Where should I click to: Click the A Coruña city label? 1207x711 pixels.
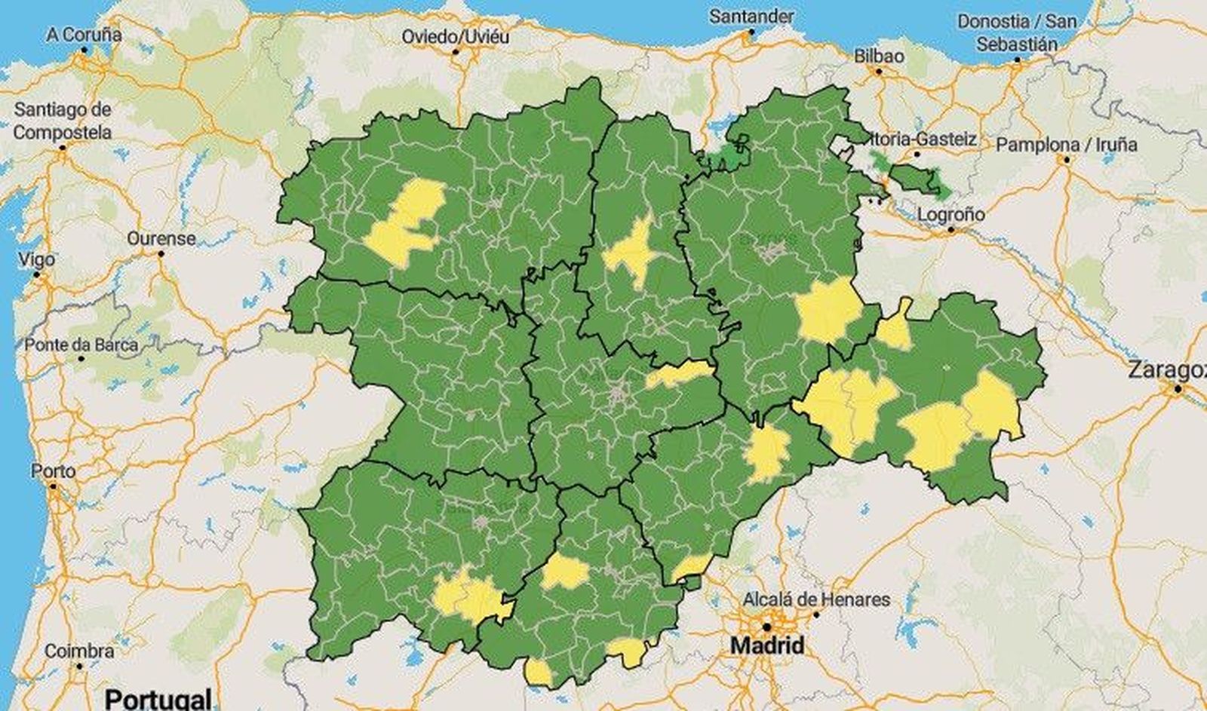[x=84, y=35]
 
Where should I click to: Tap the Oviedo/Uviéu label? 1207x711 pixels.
[x=455, y=37]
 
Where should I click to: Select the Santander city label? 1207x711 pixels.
[x=751, y=17]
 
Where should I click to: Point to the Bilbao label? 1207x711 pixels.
[x=879, y=57]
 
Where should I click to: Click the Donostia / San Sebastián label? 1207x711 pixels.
[x=1016, y=33]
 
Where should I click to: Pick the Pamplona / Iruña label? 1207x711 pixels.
[x=1066, y=144]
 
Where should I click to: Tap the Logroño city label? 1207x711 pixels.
[x=951, y=215]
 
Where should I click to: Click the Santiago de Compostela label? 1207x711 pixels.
[x=63, y=121]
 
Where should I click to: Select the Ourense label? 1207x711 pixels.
[x=161, y=238]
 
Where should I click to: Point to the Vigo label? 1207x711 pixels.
[x=36, y=259]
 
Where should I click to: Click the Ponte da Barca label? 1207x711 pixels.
[x=81, y=345]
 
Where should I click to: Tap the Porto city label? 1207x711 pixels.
[x=53, y=471]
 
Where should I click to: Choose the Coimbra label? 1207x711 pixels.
[x=79, y=651]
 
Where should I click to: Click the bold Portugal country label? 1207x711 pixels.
[x=158, y=698]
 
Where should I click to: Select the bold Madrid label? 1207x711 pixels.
[x=767, y=645]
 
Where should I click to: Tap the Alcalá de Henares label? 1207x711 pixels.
[x=816, y=600]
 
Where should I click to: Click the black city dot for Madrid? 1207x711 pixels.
[x=766, y=627]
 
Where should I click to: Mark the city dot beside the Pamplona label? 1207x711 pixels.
[x=1066, y=160]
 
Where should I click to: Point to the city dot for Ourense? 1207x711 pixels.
[x=161, y=254]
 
